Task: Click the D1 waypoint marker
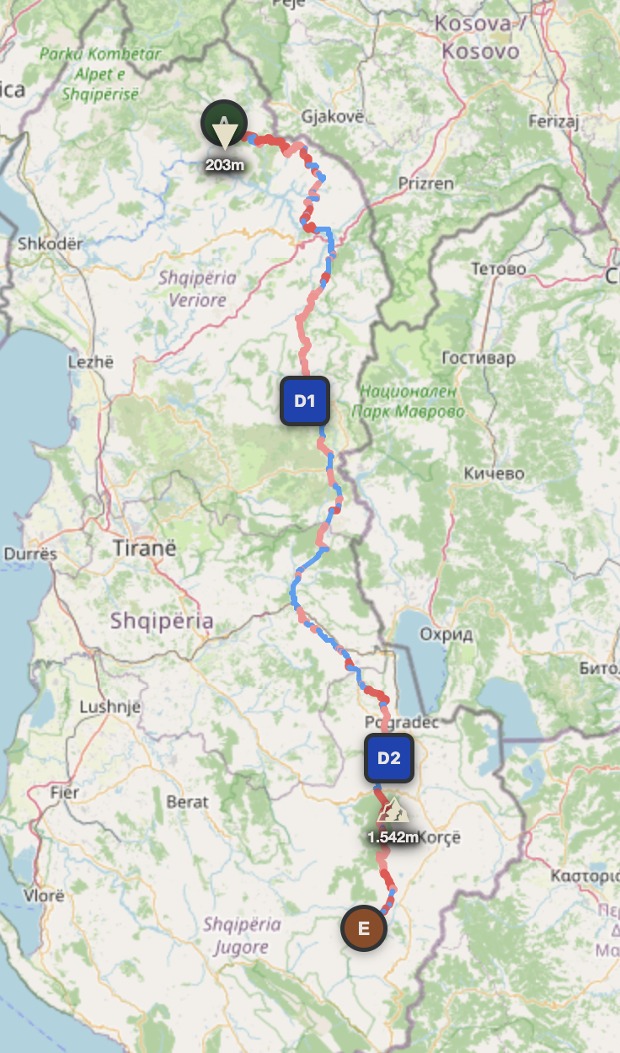(x=304, y=401)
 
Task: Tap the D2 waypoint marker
(x=388, y=758)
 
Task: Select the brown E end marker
(x=364, y=928)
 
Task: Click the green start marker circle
(x=224, y=123)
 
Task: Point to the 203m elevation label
(x=224, y=164)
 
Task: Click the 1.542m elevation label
(x=393, y=837)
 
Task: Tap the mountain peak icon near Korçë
(x=393, y=811)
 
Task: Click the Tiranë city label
(x=144, y=548)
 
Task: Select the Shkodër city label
(x=51, y=244)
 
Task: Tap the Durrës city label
(x=30, y=554)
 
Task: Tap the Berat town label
(x=187, y=802)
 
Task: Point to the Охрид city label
(x=451, y=634)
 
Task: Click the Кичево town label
(x=494, y=473)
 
